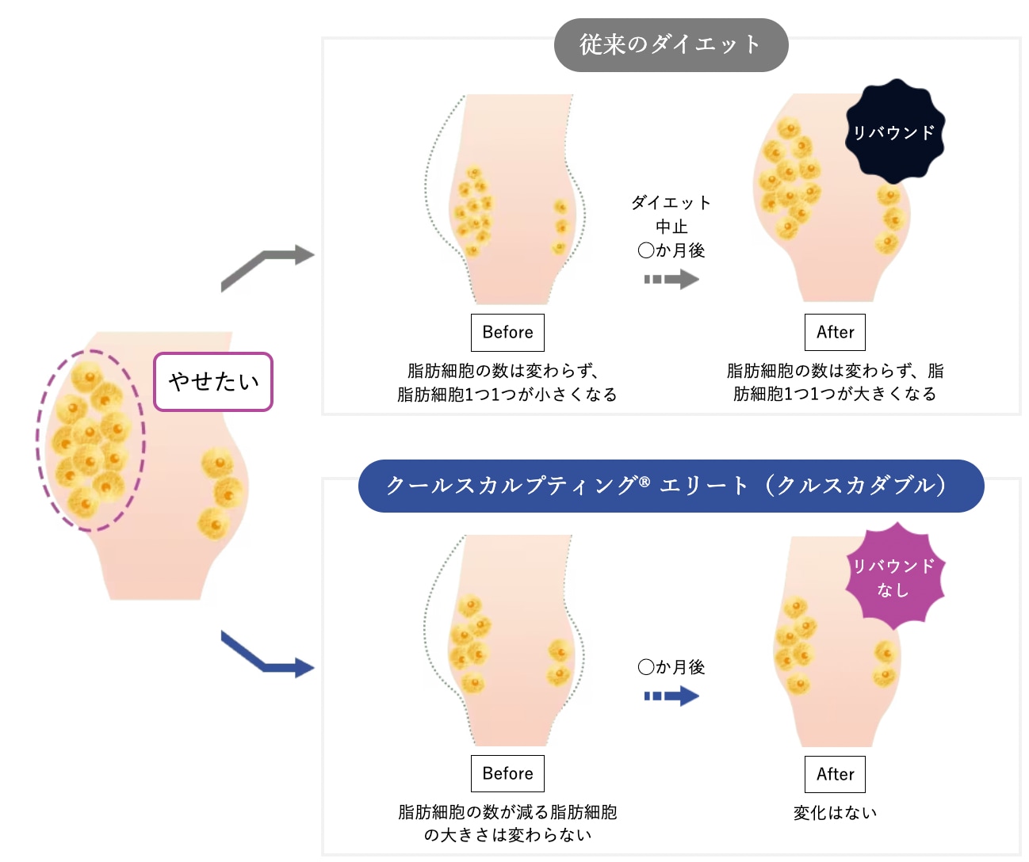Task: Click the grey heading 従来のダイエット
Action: click(671, 45)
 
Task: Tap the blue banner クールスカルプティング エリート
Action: click(671, 486)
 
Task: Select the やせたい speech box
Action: click(213, 381)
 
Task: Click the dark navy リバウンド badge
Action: click(894, 132)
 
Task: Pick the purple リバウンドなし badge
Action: click(894, 576)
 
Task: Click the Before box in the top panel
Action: click(507, 333)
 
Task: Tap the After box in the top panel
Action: click(835, 333)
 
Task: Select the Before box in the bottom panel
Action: click(507, 773)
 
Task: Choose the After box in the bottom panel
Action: click(835, 774)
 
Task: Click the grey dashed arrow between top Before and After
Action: click(671, 280)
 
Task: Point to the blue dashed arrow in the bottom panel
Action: click(671, 696)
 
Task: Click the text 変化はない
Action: click(836, 812)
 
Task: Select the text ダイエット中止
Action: click(671, 214)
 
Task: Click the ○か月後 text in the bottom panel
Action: click(671, 667)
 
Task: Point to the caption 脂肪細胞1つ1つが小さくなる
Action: click(507, 394)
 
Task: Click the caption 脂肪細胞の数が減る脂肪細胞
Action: click(507, 812)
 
